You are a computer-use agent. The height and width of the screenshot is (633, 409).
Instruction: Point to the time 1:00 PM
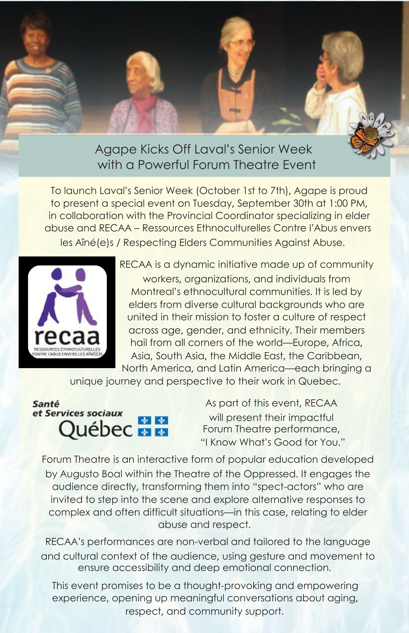click(348, 203)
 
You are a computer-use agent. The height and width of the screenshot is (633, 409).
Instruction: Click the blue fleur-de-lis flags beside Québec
click(153, 426)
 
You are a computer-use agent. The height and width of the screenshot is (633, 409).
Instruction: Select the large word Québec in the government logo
click(95, 429)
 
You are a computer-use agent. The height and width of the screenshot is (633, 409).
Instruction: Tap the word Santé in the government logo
click(46, 404)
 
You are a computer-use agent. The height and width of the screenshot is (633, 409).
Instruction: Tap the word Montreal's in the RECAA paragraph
click(156, 291)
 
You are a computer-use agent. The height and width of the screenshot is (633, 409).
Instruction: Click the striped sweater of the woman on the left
click(38, 95)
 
